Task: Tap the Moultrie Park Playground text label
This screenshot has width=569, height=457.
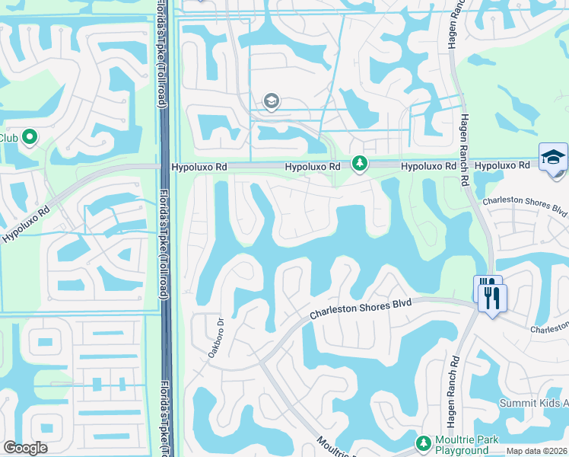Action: [462, 446]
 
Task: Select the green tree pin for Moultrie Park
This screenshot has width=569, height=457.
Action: [423, 443]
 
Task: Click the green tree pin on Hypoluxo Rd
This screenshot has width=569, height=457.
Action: [359, 163]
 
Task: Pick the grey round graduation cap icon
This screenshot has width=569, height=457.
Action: [271, 101]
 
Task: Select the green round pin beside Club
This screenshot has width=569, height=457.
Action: [30, 137]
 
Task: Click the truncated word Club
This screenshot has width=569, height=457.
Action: [8, 138]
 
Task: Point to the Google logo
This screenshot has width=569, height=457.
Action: [25, 448]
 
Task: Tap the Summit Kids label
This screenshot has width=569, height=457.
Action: [533, 403]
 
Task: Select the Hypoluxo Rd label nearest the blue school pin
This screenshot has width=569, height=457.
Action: [502, 165]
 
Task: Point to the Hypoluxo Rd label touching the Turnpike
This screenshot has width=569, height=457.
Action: [199, 166]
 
